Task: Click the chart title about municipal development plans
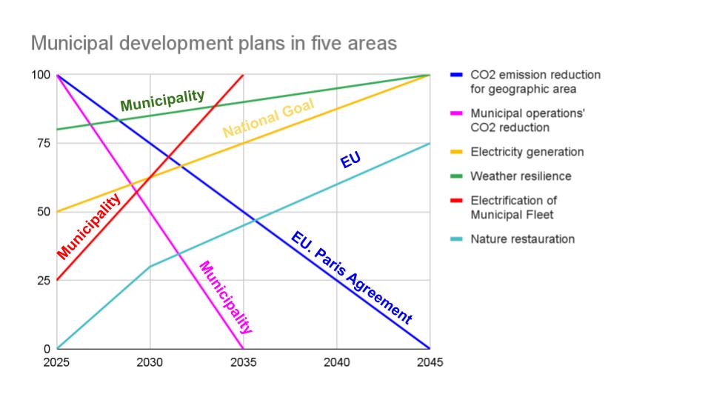click(x=213, y=44)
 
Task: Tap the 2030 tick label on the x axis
click(x=150, y=362)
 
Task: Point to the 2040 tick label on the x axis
click(x=337, y=362)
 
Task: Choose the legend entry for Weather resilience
click(x=521, y=176)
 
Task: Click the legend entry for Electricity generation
click(x=527, y=152)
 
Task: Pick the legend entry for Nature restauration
click(x=522, y=239)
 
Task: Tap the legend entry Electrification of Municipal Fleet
click(x=513, y=207)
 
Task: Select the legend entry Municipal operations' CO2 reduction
click(x=527, y=120)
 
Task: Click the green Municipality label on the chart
click(x=162, y=100)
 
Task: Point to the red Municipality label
click(x=89, y=226)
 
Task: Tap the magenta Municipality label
click(x=226, y=297)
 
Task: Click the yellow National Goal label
click(x=268, y=119)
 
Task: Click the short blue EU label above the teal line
click(x=350, y=160)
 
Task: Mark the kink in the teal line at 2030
click(x=150, y=267)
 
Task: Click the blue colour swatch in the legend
click(x=456, y=75)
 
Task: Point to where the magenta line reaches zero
click(x=244, y=348)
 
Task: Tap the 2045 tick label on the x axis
click(x=430, y=362)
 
